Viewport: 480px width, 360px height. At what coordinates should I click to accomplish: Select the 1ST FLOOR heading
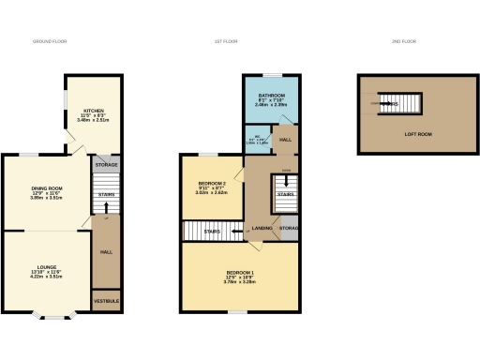pyautogui.click(x=240, y=42)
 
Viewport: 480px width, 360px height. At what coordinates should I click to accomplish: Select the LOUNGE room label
pyautogui.click(x=46, y=267)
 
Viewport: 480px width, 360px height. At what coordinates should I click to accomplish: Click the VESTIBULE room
pyautogui.click(x=106, y=300)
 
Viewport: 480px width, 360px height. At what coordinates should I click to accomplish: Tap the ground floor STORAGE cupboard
pyautogui.click(x=106, y=164)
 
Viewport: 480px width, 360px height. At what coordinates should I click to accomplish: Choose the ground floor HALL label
pyautogui.click(x=106, y=251)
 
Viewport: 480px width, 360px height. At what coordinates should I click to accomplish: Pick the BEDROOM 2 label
pyautogui.click(x=212, y=183)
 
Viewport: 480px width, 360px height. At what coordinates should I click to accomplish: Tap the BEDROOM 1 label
pyautogui.click(x=240, y=273)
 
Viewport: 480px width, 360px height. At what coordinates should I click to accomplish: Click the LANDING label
pyautogui.click(x=262, y=228)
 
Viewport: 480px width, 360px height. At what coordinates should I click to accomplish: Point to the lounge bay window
pyautogui.click(x=58, y=316)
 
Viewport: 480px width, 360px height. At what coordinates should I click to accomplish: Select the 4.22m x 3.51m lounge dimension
pyautogui.click(x=46, y=277)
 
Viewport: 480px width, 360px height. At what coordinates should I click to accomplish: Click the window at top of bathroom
pyautogui.click(x=272, y=74)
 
